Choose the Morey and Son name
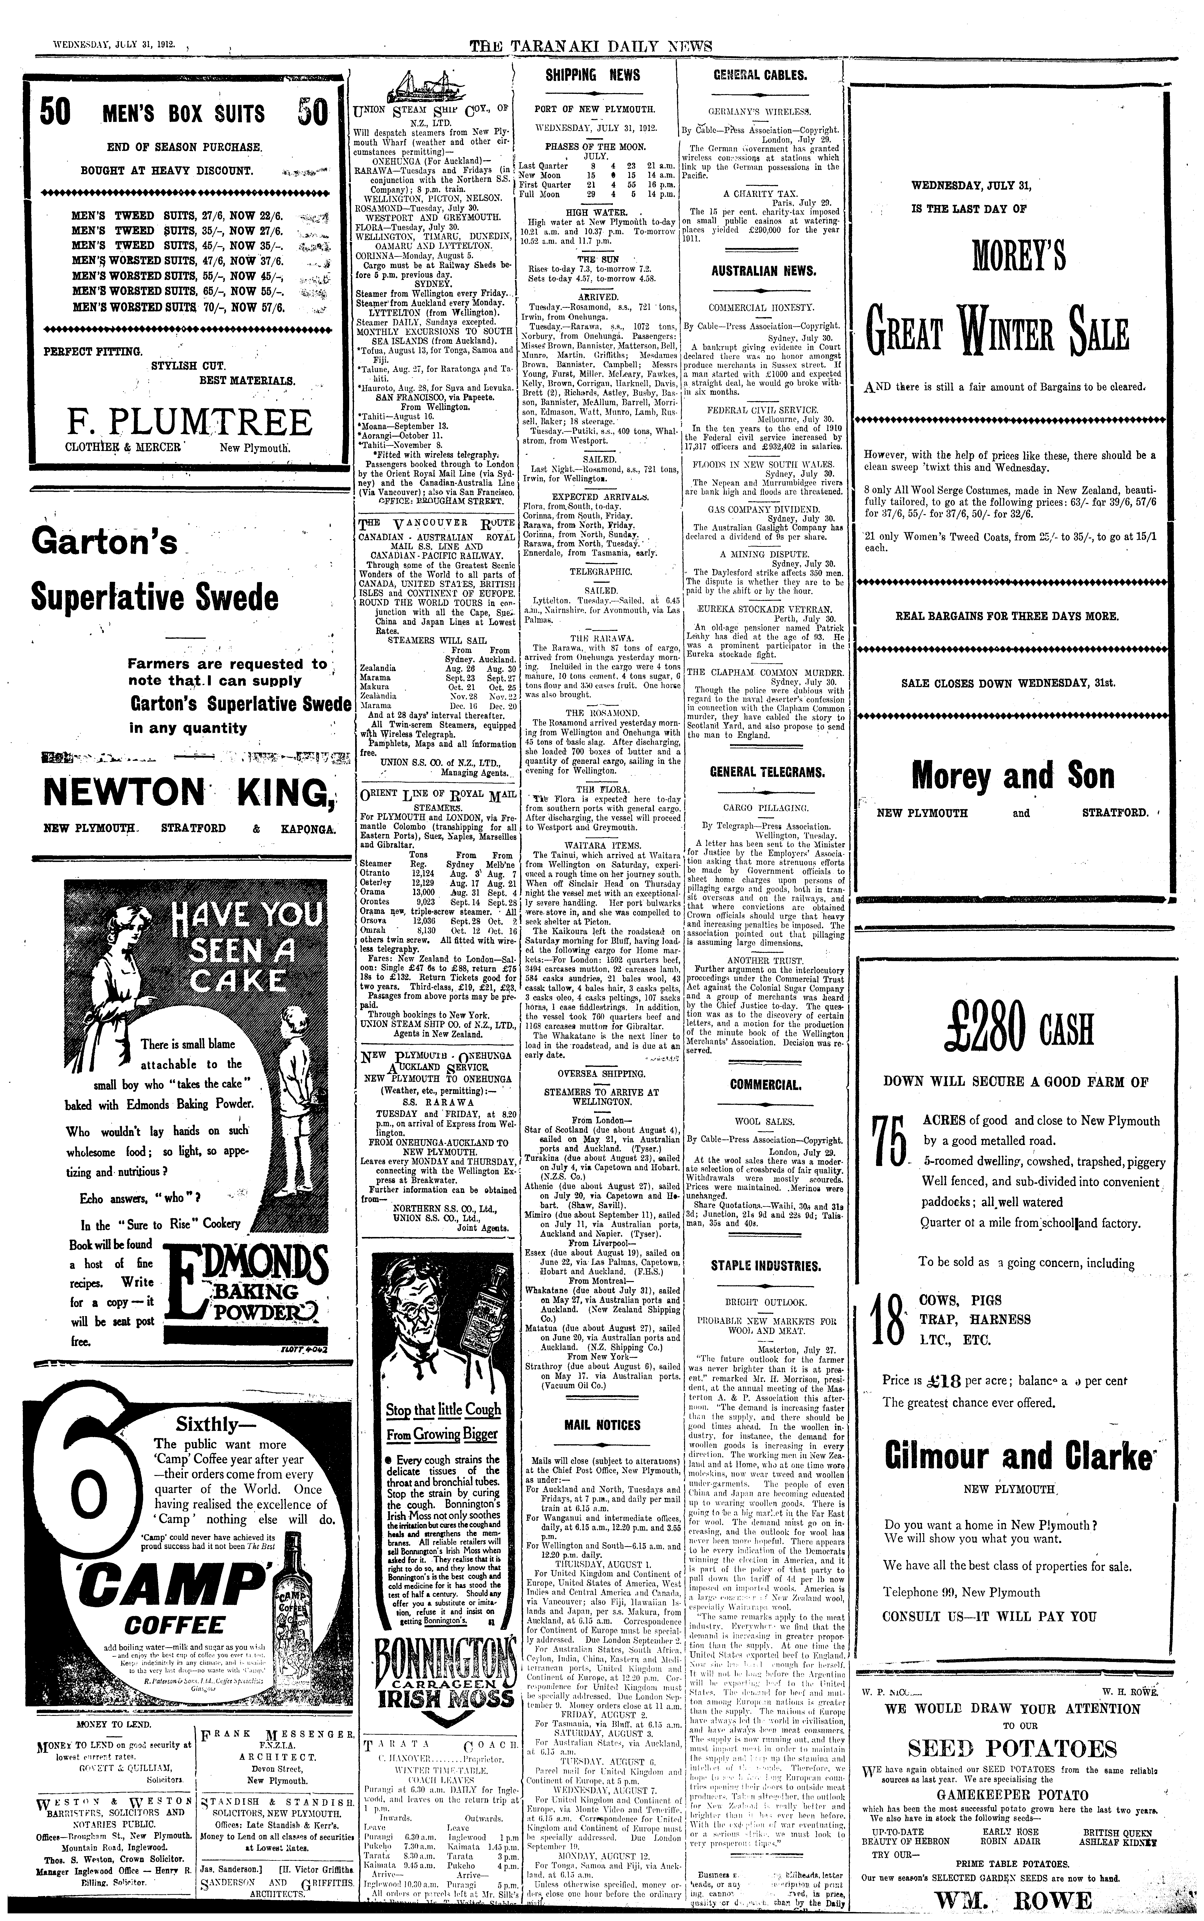pos(1012,775)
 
